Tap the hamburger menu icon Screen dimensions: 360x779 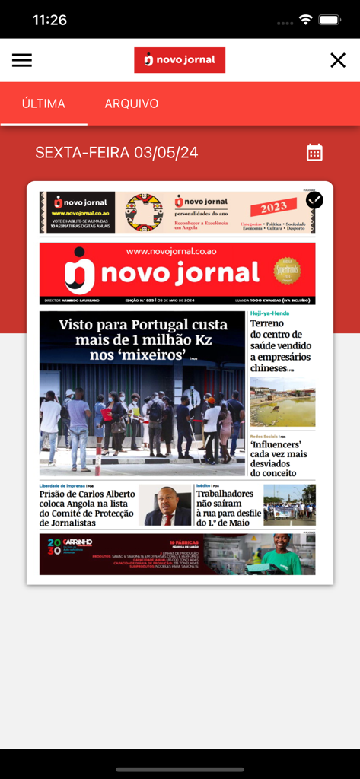click(x=22, y=60)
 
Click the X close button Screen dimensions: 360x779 click(x=338, y=60)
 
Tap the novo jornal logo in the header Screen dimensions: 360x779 click(x=180, y=60)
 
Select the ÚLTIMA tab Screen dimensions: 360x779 click(x=43, y=103)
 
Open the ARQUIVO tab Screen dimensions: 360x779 click(x=132, y=103)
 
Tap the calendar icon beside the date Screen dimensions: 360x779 click(x=314, y=152)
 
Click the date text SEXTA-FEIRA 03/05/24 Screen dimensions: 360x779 click(x=116, y=153)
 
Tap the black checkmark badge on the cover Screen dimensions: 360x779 click(x=314, y=200)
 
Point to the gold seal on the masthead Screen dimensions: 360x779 click(x=287, y=270)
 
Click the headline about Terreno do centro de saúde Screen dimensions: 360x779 click(x=281, y=345)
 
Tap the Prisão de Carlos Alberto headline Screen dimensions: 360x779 click(x=87, y=508)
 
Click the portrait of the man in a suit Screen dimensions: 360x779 click(x=165, y=505)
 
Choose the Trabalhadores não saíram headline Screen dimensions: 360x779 click(x=226, y=507)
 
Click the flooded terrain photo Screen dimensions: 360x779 click(x=282, y=402)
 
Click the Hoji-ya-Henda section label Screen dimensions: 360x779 click(x=269, y=313)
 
